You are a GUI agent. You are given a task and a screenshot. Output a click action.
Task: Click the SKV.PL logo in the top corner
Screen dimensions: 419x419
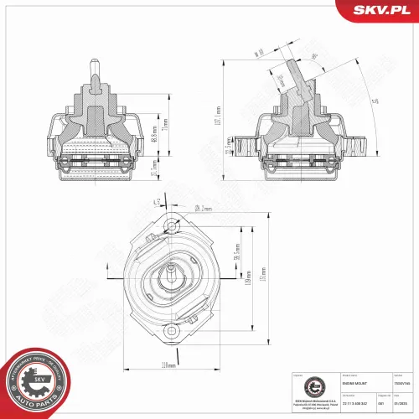380,10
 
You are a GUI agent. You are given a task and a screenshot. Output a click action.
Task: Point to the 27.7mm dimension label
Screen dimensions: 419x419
154,171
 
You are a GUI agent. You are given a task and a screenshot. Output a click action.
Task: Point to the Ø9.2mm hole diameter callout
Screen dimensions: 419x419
201,207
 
